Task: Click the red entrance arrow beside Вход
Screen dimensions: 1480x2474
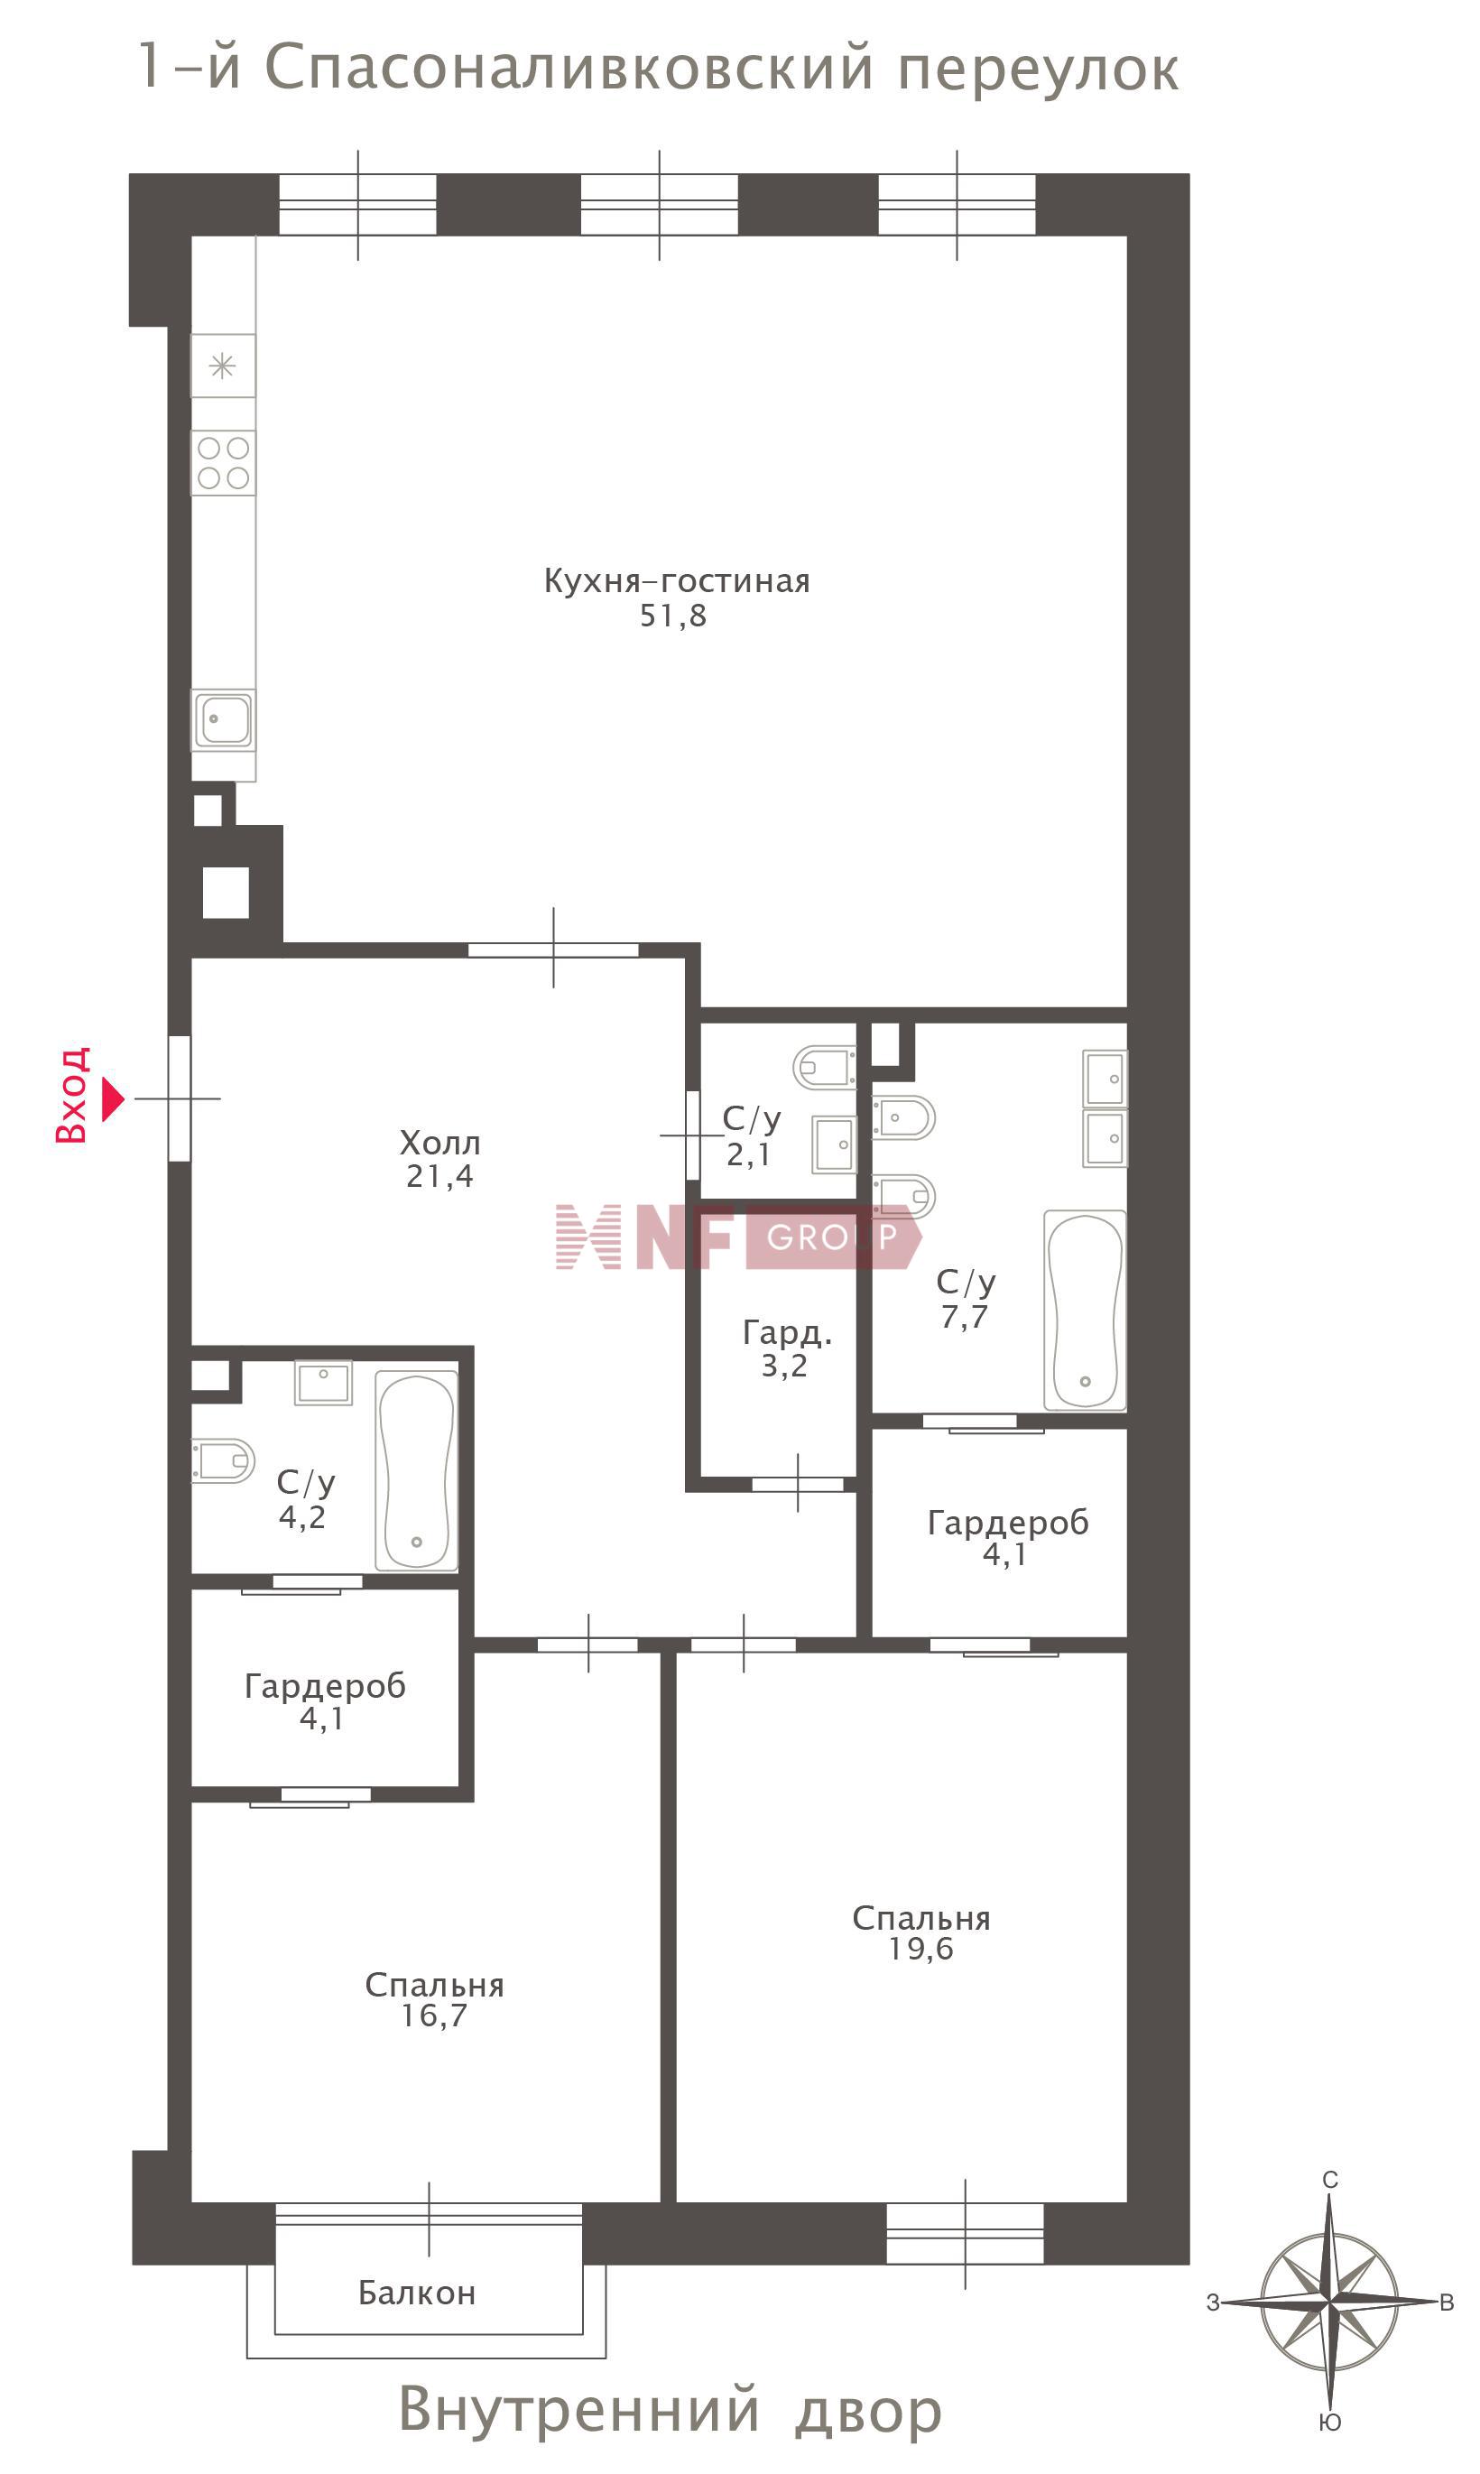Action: click(x=113, y=1098)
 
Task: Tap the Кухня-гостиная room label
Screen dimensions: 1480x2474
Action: click(x=676, y=581)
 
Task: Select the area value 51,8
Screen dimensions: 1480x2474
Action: click(x=673, y=616)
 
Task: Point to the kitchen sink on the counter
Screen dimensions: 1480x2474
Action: click(x=224, y=719)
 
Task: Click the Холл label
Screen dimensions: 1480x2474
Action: click(x=439, y=1143)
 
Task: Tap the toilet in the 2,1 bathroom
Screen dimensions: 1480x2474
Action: click(x=824, y=1067)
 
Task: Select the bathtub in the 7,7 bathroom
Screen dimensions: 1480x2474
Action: click(x=1085, y=1311)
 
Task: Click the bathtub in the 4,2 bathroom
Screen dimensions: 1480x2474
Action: click(x=417, y=1471)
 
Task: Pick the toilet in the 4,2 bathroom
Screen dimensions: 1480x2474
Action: click(x=224, y=1461)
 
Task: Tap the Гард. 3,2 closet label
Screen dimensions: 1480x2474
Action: click(x=786, y=1349)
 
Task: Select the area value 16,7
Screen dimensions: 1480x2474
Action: click(x=434, y=2016)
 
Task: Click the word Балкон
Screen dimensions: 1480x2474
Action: click(x=417, y=2293)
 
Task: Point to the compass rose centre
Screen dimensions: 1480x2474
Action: click(x=1329, y=2303)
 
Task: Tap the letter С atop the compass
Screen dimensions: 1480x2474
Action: click(x=1330, y=2180)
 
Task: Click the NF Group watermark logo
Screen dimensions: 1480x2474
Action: click(x=739, y=1237)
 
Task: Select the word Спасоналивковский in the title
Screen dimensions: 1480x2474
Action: click(x=569, y=69)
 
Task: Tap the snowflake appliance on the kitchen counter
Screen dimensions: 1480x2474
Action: click(x=222, y=366)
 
